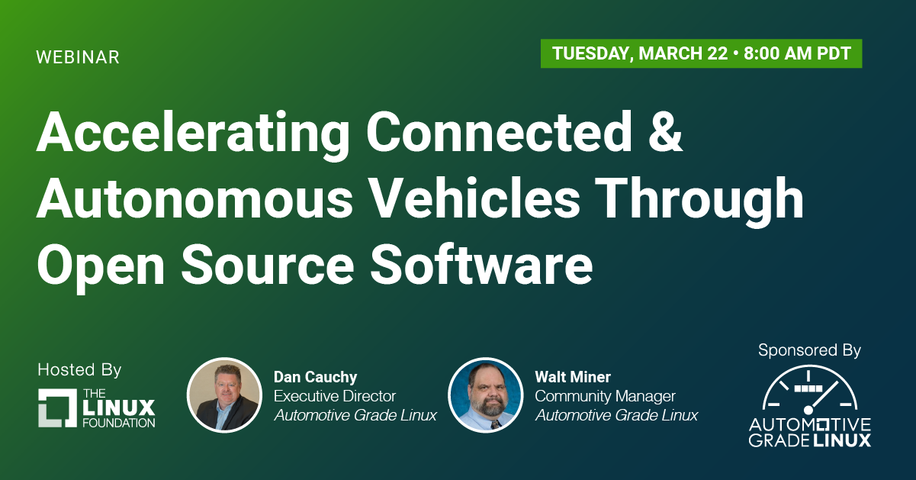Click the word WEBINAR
[78, 57]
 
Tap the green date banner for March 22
[702, 53]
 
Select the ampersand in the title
[665, 132]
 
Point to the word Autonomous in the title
[194, 199]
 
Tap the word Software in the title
[482, 264]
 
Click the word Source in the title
[268, 265]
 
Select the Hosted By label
[79, 370]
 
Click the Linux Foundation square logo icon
[57, 408]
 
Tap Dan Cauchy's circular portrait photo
[224, 395]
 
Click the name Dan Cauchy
[315, 377]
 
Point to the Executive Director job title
[335, 396]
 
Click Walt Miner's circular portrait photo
[485, 395]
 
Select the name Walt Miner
[573, 377]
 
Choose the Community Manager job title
[606, 396]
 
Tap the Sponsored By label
[810, 350]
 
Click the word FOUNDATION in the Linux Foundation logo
[119, 423]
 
